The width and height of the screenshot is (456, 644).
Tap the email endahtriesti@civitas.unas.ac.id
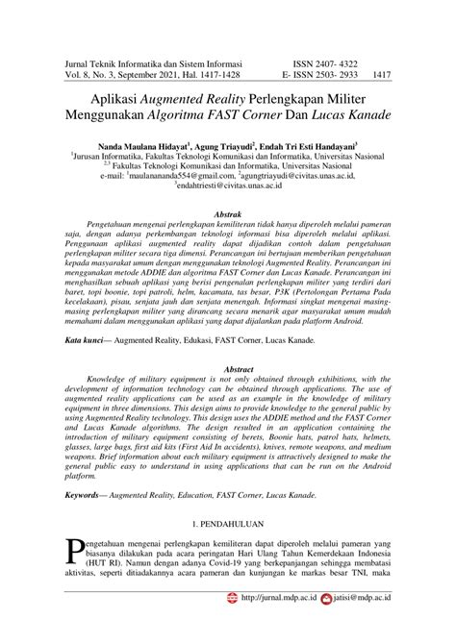click(228, 186)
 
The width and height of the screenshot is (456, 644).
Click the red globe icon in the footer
click(231, 624)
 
